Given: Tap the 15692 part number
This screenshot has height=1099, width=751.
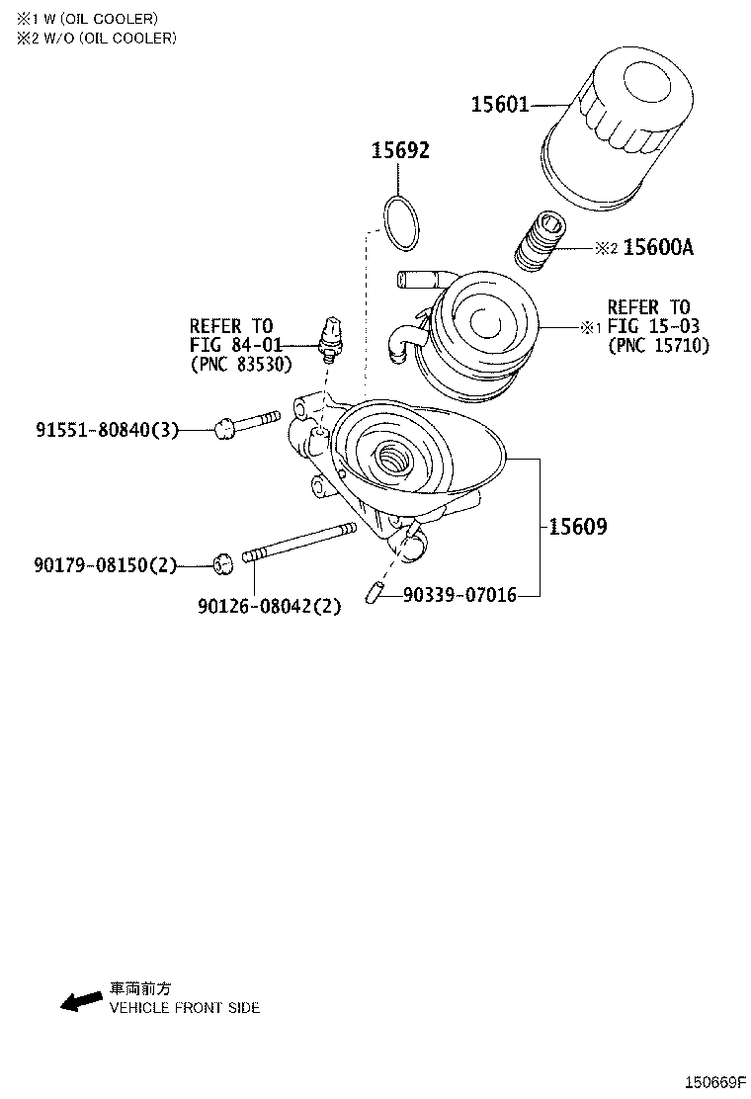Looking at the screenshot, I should coord(400,151).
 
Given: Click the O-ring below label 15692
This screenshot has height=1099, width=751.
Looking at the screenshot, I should coord(400,223).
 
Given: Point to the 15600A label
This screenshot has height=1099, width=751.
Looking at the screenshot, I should coord(658,248).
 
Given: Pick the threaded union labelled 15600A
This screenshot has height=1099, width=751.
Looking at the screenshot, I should coord(541,242).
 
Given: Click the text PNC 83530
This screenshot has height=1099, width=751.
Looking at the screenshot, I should coord(241,363).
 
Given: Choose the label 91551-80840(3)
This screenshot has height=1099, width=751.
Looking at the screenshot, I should coord(108,429).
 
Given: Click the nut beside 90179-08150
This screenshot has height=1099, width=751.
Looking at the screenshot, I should coord(223,563).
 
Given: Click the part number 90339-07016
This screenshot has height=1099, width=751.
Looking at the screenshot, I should coord(459,595).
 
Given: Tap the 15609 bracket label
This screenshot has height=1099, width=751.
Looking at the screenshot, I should coord(577,527).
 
